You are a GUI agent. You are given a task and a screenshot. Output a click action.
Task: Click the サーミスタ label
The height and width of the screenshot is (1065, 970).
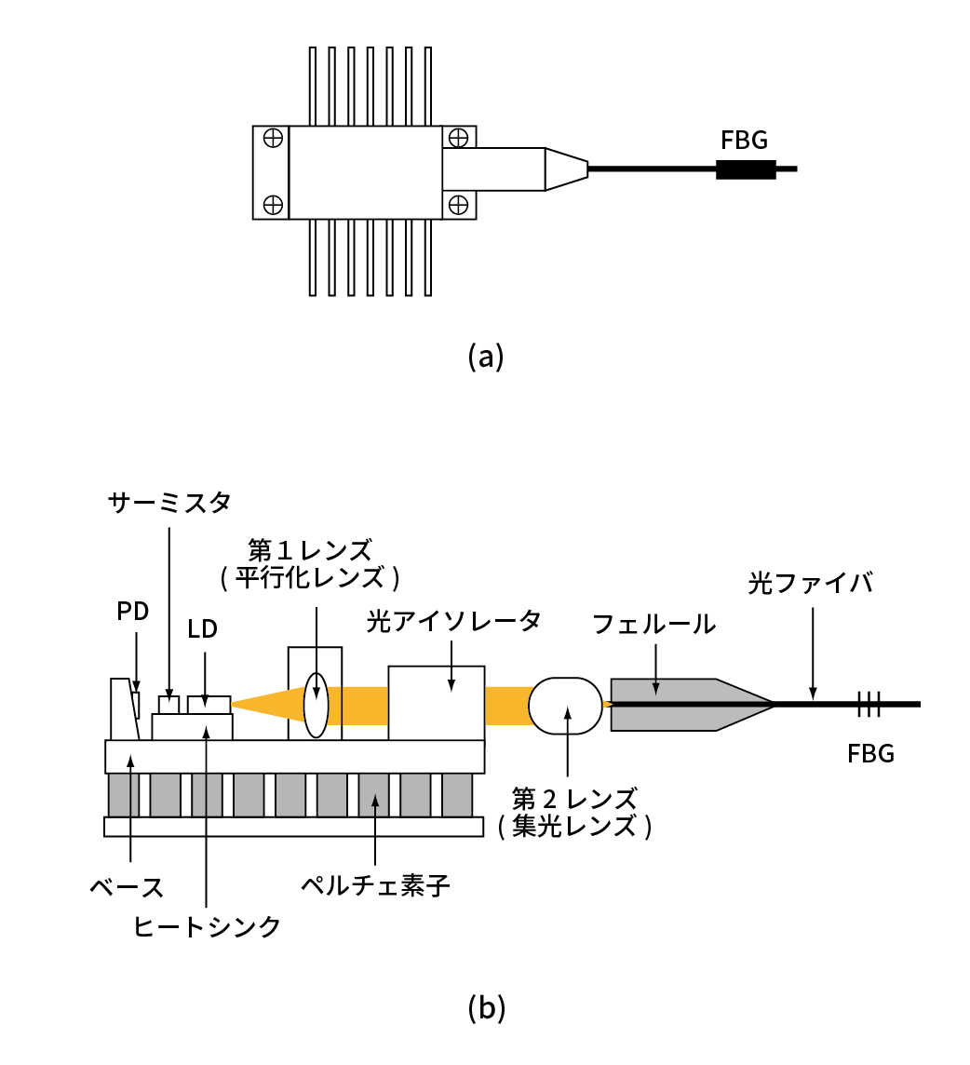coord(168,504)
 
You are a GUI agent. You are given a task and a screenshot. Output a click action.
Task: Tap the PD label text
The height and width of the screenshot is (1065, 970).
coord(133,612)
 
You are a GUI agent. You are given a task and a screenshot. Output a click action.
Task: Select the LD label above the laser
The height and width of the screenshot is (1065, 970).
coord(202,628)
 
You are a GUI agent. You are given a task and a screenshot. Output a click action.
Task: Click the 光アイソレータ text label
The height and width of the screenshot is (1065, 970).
coord(452,622)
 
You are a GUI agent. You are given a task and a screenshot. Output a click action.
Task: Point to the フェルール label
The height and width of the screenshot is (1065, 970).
coord(654,624)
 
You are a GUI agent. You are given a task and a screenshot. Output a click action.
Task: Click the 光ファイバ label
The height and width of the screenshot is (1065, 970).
coord(811,584)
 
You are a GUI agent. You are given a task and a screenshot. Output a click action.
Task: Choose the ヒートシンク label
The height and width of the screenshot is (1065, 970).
coord(207,926)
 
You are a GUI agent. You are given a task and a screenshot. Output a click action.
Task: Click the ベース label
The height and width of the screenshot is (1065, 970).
coord(128,887)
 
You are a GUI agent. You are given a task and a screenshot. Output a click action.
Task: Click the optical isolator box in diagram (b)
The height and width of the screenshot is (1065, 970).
coord(437,704)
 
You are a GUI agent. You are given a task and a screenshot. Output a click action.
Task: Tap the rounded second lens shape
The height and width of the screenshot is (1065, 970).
coord(565,705)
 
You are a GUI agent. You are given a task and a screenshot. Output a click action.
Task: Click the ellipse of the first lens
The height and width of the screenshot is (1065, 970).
coord(316,705)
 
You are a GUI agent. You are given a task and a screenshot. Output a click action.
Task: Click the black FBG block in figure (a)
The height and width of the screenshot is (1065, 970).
coord(745,169)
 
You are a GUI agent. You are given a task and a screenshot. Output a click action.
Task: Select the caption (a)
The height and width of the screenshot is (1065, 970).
coord(485,357)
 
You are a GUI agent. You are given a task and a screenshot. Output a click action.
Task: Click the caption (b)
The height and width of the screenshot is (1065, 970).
coord(485,1006)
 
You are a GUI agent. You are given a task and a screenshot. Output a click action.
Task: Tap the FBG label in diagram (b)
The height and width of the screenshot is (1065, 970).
coord(870,754)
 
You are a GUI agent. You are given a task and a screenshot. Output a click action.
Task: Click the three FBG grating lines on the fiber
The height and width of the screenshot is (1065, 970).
coord(869,705)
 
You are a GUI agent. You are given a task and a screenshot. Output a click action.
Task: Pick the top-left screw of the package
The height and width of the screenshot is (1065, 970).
coord(273,138)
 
